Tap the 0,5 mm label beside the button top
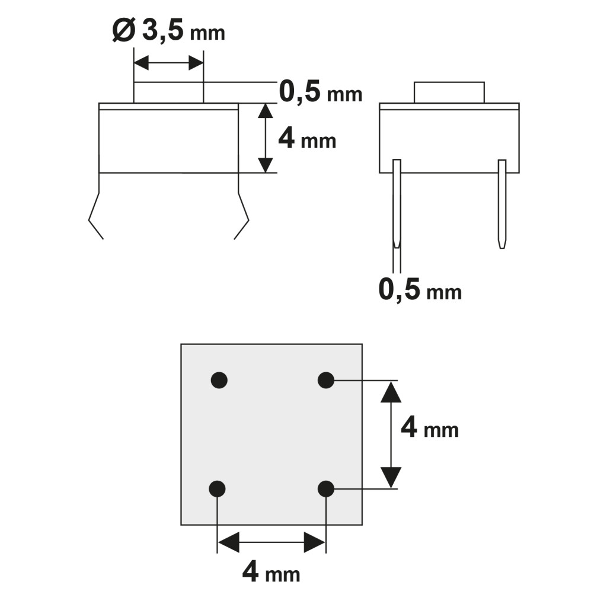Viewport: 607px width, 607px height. click(x=321, y=92)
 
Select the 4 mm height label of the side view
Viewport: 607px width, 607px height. click(x=307, y=139)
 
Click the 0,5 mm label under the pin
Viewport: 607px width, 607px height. click(x=420, y=290)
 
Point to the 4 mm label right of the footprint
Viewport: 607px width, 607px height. click(x=430, y=428)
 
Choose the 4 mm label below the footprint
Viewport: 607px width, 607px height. click(x=271, y=572)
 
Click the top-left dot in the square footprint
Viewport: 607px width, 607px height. click(x=219, y=380)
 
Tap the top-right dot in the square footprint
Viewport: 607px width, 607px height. click(x=326, y=380)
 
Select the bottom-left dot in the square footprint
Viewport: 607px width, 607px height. click(x=217, y=489)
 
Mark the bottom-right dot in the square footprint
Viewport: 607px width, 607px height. click(x=326, y=489)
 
